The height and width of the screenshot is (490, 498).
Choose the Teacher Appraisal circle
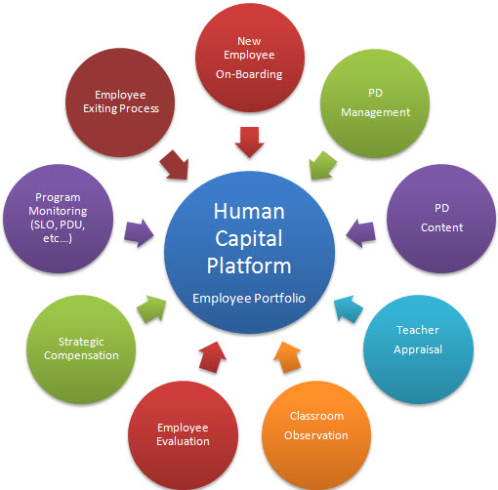tap(417, 339)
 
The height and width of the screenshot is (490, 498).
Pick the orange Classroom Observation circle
tap(314, 425)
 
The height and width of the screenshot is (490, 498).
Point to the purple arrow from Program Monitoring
tap(139, 230)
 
